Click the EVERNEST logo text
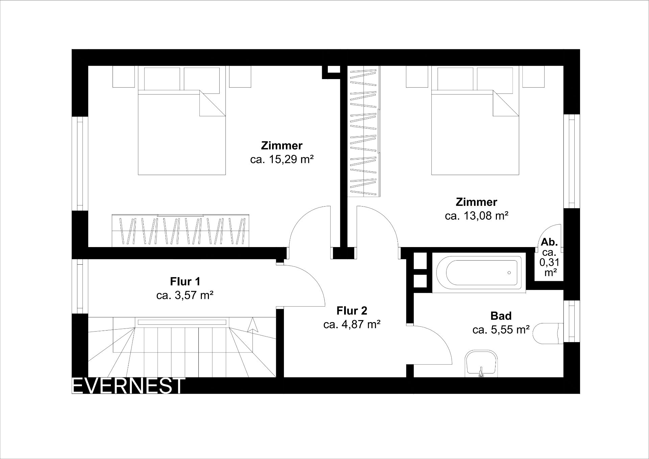(129, 386)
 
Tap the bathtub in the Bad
(479, 272)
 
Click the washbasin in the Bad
(481, 364)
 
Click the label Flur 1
(185, 281)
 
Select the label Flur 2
(352, 310)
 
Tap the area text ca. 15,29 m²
(282, 160)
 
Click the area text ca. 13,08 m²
(477, 216)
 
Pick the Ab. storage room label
(549, 242)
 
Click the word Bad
(501, 316)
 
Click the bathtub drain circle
(509, 272)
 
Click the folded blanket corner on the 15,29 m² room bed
(212, 103)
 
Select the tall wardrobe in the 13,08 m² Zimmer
(364, 131)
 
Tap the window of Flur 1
(80, 286)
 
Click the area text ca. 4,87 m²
(352, 324)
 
